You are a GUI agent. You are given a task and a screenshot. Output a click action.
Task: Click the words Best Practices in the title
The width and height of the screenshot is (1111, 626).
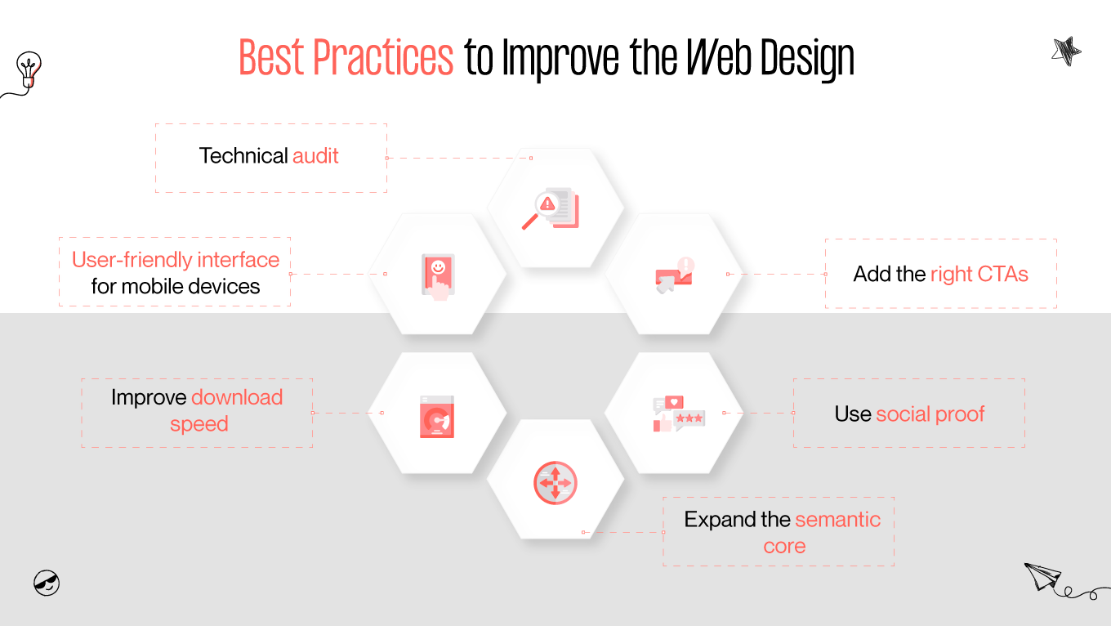(x=346, y=57)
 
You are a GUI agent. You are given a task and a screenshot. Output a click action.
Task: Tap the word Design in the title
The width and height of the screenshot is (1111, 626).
(x=807, y=59)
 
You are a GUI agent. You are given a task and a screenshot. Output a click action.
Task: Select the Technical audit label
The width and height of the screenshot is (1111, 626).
(x=270, y=156)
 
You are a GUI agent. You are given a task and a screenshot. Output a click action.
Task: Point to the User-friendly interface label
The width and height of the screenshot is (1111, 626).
(x=176, y=260)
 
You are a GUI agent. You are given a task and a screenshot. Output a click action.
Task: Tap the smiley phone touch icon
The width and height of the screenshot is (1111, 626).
(x=438, y=276)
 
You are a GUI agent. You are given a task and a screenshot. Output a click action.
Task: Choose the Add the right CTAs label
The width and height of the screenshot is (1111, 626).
(x=940, y=274)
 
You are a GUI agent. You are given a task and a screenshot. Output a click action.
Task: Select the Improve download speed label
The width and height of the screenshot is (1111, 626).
(x=197, y=411)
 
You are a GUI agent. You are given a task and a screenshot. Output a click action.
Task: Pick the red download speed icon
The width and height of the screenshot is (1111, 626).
(x=437, y=417)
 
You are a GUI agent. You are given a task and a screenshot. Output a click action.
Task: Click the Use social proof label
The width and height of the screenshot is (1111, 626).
(x=909, y=414)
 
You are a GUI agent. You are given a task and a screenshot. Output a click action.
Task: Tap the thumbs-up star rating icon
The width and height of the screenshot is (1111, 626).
(x=677, y=414)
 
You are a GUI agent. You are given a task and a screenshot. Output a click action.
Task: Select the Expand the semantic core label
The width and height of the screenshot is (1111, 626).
(x=782, y=532)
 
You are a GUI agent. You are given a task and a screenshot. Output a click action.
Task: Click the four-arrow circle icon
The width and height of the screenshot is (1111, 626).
(x=555, y=482)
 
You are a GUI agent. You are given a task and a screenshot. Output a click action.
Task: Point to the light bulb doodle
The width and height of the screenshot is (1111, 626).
(x=29, y=69)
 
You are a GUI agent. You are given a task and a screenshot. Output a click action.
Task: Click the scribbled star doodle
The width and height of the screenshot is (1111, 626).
(x=1066, y=52)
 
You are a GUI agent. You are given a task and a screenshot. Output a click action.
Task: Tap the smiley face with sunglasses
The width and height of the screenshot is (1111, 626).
(x=47, y=583)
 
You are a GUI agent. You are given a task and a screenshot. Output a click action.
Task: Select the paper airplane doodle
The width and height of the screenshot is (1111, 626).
(x=1043, y=576)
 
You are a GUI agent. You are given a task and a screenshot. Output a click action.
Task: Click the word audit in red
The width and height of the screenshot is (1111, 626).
(x=315, y=156)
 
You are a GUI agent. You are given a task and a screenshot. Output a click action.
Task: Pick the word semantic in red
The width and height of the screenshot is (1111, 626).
(x=837, y=520)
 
